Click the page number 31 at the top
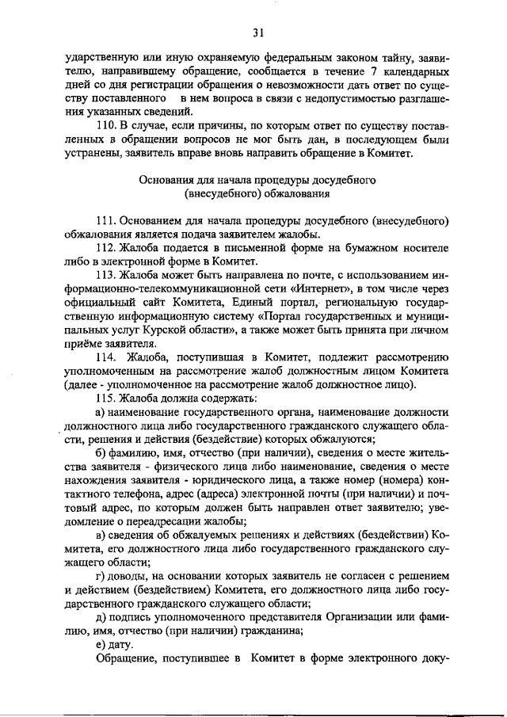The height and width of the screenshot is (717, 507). click(x=257, y=32)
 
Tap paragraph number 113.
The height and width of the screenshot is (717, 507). click(x=107, y=276)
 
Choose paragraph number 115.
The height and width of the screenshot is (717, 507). click(x=107, y=399)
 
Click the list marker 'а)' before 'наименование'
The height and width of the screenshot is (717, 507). click(x=101, y=413)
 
